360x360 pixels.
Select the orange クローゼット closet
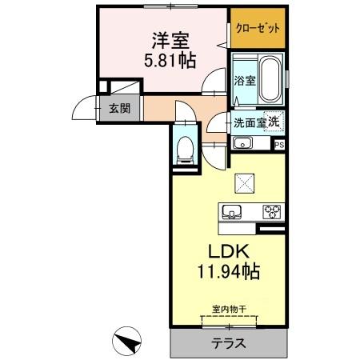pyautogui.click(x=258, y=30)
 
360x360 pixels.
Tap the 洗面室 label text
pyautogui.click(x=249, y=123)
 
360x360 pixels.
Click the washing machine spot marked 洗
pyautogui.click(x=274, y=122)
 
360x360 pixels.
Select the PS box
pyautogui.click(x=279, y=144)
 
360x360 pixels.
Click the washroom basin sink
pyautogui.click(x=242, y=144)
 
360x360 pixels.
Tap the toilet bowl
pyautogui.click(x=185, y=147)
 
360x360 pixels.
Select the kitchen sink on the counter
pyautogui.click(x=234, y=212)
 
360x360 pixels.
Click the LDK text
pyautogui.click(x=228, y=251)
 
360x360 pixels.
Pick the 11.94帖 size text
pyautogui.click(x=228, y=272)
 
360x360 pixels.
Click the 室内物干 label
pyautogui.click(x=228, y=310)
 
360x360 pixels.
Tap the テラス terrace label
pyautogui.click(x=228, y=343)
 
